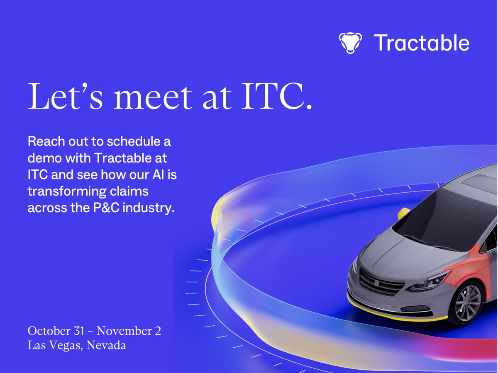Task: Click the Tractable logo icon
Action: tap(350, 43)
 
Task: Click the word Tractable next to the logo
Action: tap(422, 43)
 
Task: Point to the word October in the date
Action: tap(48, 331)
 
